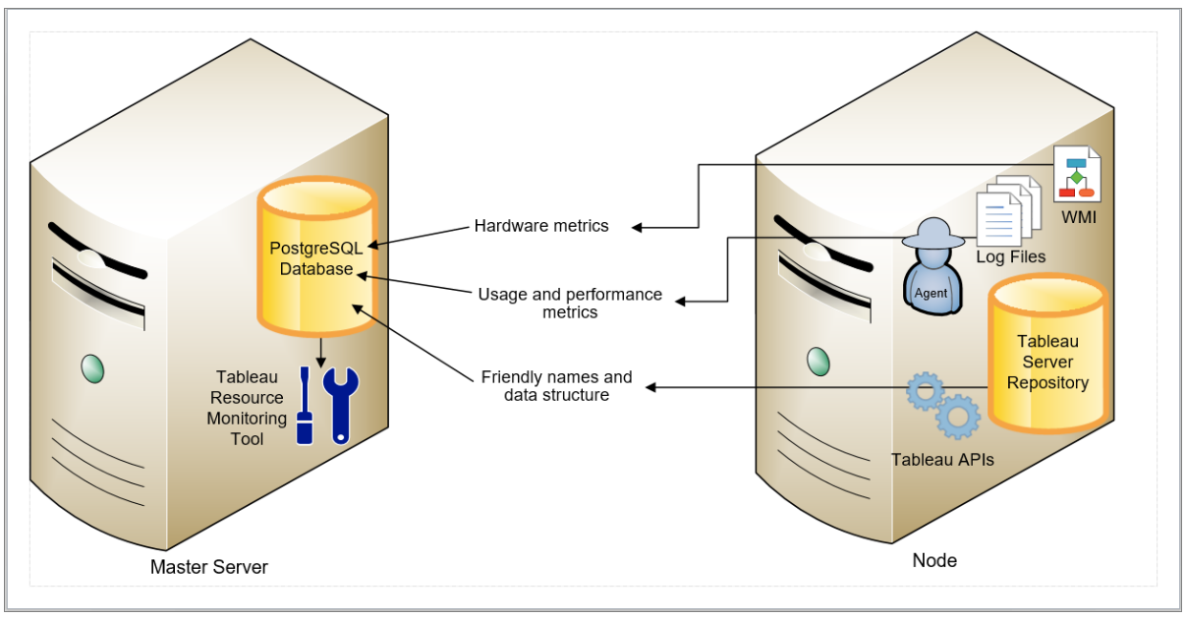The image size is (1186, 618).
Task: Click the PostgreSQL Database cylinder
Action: click(317, 256)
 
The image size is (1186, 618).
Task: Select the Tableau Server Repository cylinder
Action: click(1047, 354)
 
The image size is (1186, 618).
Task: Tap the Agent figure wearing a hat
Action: click(932, 266)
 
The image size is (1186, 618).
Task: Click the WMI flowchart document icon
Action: click(1077, 174)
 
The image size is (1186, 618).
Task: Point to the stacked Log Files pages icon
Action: click(1008, 211)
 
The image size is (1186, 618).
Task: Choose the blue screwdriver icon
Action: click(305, 406)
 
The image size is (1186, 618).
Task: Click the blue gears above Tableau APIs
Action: click(943, 405)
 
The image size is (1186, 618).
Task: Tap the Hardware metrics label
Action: click(541, 226)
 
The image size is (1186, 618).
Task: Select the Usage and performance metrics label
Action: click(570, 303)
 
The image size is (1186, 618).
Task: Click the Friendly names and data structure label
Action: click(556, 385)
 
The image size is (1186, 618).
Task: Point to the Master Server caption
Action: click(209, 567)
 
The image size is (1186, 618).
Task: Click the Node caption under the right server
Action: click(934, 560)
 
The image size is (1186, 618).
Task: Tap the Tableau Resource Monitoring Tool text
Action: click(247, 408)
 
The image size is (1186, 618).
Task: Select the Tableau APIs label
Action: click(942, 459)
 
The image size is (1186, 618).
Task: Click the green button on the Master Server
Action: click(92, 368)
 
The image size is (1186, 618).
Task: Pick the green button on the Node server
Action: click(819, 362)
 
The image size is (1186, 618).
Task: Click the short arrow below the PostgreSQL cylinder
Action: click(320, 353)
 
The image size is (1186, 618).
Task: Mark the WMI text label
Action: click(1079, 217)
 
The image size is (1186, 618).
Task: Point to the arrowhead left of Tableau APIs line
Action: click(650, 388)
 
